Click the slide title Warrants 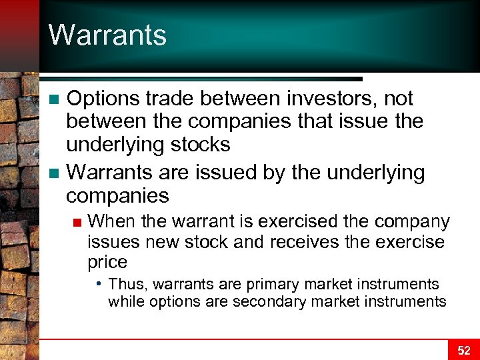pyautogui.click(x=107, y=35)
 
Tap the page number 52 pyautogui.click(x=463, y=350)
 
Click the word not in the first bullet pyautogui.click(x=399, y=99)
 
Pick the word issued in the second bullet pyautogui.click(x=219, y=173)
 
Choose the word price pyautogui.click(x=107, y=262)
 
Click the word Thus pyautogui.click(x=126, y=285)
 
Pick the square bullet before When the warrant pyautogui.click(x=78, y=222)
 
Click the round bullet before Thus pyautogui.click(x=99, y=283)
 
